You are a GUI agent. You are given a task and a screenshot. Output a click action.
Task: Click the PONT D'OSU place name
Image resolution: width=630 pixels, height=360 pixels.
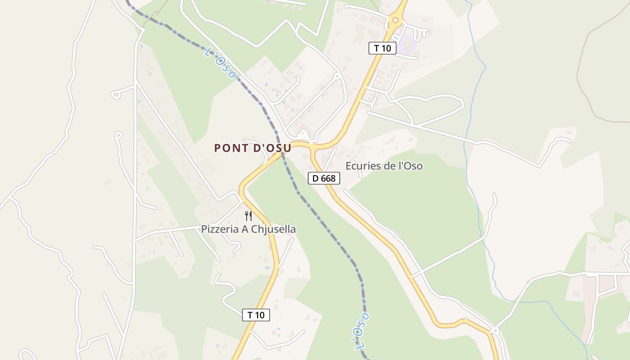coord(252,148)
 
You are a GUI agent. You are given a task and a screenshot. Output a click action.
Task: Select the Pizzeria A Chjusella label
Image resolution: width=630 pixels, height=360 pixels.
coord(248,229)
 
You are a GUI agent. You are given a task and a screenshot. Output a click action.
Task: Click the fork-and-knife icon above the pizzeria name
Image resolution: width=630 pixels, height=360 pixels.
coord(248,216)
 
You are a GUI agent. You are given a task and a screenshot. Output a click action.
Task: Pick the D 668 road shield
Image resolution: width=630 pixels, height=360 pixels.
coord(324,178)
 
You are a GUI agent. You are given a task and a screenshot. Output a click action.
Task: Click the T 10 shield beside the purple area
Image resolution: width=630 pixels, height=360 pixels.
coord(382,48)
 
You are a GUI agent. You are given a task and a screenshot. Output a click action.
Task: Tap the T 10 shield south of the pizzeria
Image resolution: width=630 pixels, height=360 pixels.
coord(256,315)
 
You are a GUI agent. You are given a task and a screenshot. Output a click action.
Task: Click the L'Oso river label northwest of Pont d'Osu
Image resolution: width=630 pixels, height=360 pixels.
coord(220,63)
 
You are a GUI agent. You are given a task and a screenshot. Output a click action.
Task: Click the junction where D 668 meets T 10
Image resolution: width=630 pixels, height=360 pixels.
coord(312,146)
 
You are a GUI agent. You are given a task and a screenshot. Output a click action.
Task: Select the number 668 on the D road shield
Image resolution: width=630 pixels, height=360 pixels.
coord(328,178)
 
